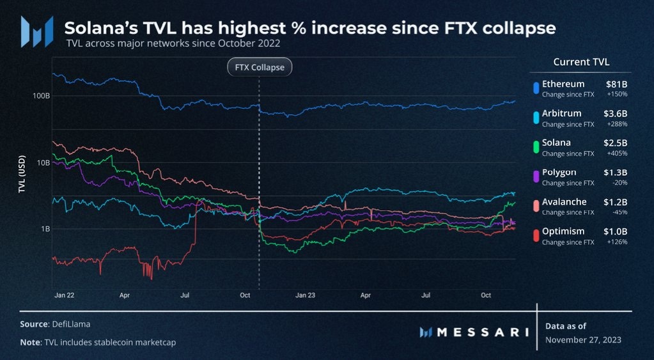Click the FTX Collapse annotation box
[260, 67]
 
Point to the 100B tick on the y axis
[40, 96]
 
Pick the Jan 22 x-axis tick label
[64, 295]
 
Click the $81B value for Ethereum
[616, 84]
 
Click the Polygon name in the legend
[559, 172]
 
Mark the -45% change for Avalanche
[619, 212]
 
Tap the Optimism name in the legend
[563, 231]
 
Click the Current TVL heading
[580, 62]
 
